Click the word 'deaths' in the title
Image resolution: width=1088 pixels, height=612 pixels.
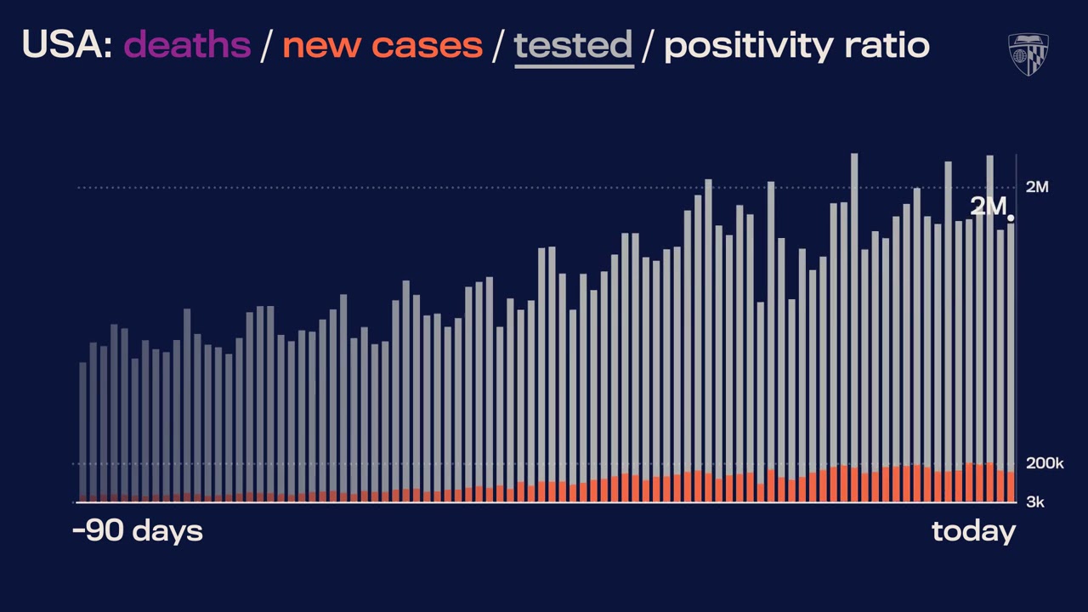188,45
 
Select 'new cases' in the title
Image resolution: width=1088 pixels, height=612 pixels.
382,45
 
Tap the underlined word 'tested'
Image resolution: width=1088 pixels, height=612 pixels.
573,45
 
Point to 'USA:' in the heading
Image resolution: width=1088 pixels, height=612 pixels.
67,45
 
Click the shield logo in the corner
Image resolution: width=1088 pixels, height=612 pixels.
1028,54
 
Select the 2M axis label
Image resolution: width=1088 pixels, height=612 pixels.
1037,187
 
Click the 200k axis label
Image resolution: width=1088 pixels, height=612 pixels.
1045,463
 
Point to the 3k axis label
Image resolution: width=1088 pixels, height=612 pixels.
1034,502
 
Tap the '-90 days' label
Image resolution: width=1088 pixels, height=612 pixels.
138,531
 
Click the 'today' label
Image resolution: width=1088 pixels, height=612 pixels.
973,531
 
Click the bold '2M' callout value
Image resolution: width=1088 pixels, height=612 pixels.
988,207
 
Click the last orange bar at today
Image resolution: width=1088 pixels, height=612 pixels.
1011,487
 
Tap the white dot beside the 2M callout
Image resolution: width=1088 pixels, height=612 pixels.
1011,218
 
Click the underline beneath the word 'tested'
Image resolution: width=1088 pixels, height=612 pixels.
573,65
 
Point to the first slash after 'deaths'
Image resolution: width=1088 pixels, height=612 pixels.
266,45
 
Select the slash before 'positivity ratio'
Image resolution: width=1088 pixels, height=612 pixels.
649,45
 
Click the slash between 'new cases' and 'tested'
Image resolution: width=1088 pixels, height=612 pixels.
498,45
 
